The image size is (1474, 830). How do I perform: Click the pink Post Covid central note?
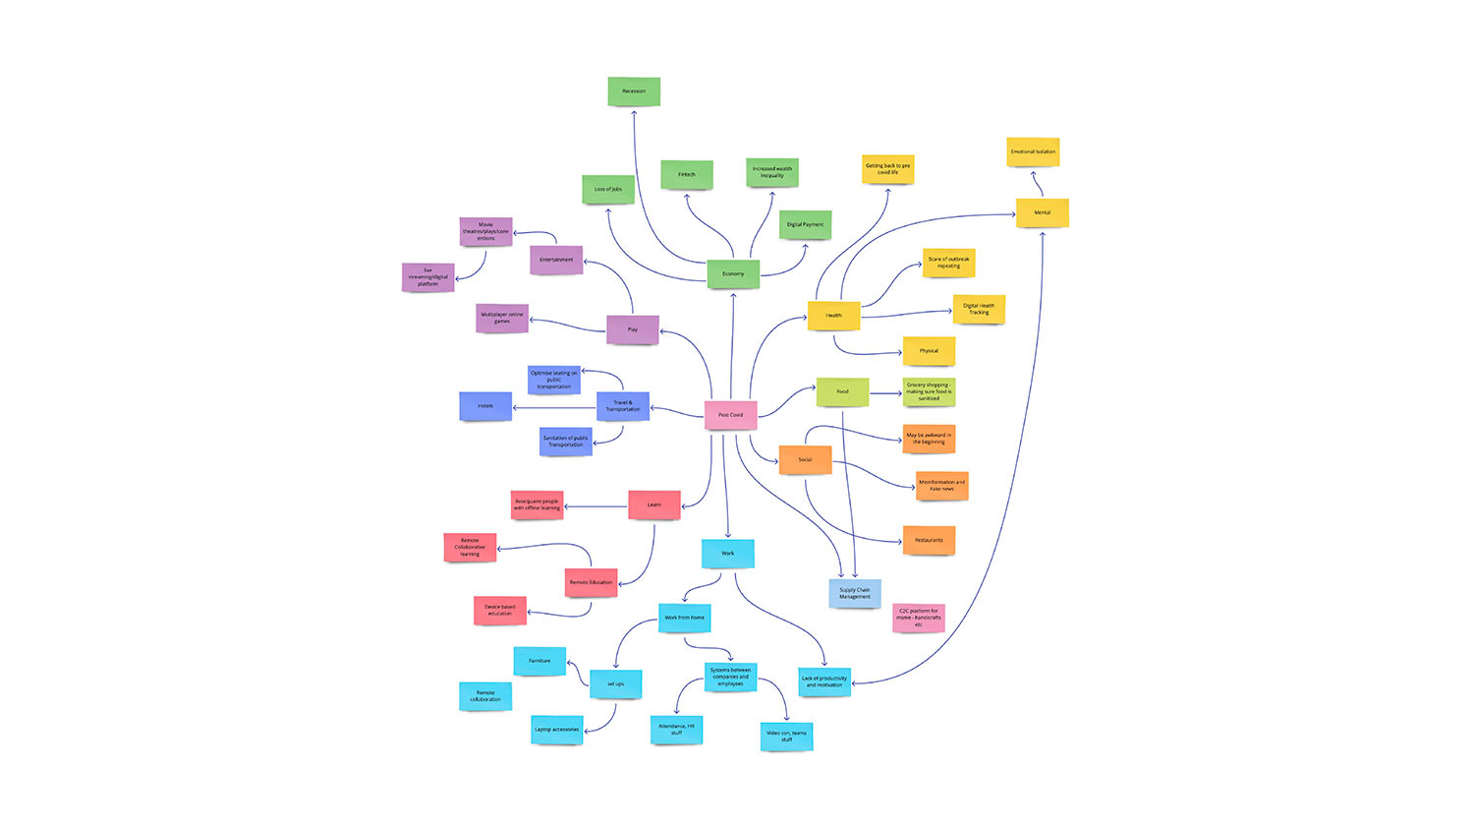[x=730, y=415]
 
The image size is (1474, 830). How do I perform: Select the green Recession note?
[x=634, y=91]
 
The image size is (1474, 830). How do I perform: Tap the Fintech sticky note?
[x=686, y=174]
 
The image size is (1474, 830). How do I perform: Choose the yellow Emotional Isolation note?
[x=1033, y=151]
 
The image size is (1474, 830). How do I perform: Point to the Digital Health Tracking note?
[x=978, y=309]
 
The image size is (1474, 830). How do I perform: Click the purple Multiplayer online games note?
[x=502, y=318]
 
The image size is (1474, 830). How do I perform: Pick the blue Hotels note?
[x=485, y=405]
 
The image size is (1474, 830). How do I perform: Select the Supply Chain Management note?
[x=854, y=593]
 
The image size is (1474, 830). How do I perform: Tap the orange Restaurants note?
[x=929, y=540]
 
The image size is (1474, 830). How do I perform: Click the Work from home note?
[x=684, y=618]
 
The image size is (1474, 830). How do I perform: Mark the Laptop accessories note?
[x=556, y=730]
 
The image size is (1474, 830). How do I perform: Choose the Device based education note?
[x=499, y=610]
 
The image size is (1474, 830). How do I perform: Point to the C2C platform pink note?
[x=919, y=618]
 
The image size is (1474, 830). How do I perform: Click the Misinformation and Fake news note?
[x=941, y=485]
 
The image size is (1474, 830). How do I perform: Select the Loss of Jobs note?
[x=607, y=189]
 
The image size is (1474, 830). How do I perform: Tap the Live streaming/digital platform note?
[x=427, y=276]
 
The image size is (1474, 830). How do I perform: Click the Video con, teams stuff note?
[x=786, y=736]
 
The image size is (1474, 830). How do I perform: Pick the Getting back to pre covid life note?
[x=887, y=168]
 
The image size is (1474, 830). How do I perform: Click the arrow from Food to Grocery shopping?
[x=885, y=394]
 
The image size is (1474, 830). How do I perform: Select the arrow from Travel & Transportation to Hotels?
[x=554, y=408]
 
